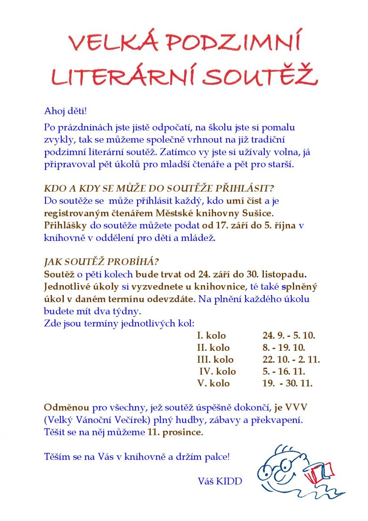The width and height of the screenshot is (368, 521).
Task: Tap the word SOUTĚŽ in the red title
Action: pyautogui.click(x=260, y=76)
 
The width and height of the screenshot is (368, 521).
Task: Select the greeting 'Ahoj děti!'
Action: pyautogui.click(x=66, y=111)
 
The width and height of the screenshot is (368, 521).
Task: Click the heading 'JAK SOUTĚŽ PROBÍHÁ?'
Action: pyautogui.click(x=102, y=263)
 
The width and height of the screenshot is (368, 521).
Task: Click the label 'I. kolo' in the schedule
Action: pyautogui.click(x=211, y=336)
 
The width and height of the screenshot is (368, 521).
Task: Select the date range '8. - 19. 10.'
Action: pyautogui.click(x=284, y=348)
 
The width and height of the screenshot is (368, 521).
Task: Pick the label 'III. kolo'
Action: pyautogui.click(x=215, y=359)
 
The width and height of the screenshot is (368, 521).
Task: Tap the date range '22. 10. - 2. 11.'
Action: pyautogui.click(x=291, y=359)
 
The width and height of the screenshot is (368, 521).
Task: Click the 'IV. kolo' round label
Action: pyautogui.click(x=217, y=371)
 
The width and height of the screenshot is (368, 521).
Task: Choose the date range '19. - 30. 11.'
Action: pyautogui.click(x=287, y=383)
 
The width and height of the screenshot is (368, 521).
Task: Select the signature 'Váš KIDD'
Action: pyautogui.click(x=220, y=481)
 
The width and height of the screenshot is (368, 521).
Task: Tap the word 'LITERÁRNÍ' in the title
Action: pyautogui.click(x=123, y=76)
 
